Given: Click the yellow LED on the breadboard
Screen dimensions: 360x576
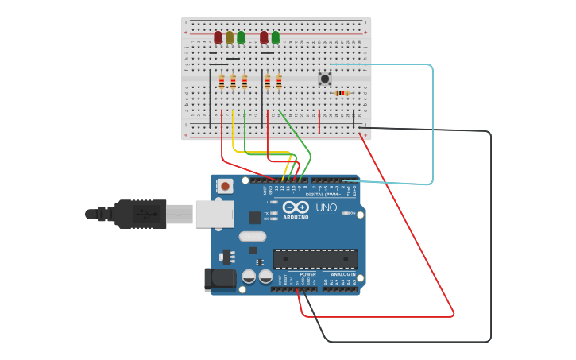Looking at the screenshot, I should click(230, 37).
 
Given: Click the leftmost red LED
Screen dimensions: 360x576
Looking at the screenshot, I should click(218, 37).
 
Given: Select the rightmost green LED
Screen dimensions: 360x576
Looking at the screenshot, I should click(276, 37).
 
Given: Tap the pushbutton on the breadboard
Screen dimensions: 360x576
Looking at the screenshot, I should click(324, 79).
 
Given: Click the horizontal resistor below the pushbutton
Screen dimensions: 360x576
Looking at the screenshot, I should click(342, 93).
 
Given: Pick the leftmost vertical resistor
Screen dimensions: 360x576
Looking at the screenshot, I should click(222, 81).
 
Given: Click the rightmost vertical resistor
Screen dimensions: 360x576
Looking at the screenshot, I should click(279, 81).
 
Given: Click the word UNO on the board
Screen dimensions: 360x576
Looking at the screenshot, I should click(327, 207).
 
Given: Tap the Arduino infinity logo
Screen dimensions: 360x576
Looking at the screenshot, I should click(295, 207).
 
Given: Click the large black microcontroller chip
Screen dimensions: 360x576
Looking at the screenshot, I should click(315, 259).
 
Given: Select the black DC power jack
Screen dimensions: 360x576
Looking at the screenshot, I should click(219, 279).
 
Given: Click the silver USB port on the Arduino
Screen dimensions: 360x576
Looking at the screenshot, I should click(215, 214).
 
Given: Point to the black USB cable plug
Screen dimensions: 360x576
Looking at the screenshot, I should click(140, 214).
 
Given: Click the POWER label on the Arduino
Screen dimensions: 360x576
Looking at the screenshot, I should click(307, 274).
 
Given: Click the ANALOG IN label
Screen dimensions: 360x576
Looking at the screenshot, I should click(343, 274).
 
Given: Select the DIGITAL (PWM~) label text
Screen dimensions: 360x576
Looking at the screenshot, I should click(324, 194).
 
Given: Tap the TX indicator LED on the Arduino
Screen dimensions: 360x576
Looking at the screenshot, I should click(273, 213).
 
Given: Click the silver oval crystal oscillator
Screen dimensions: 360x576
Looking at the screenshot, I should click(252, 236).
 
